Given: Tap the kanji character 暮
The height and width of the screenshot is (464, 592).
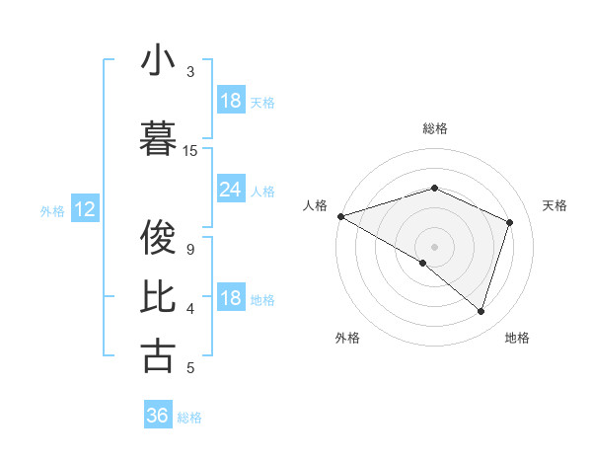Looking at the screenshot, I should pos(158,140).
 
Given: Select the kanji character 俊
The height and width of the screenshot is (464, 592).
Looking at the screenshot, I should pos(158,237).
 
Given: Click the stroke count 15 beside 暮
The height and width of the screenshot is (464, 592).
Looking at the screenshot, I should pos(190,151).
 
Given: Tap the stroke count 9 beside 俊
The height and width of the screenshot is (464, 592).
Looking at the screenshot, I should pos(190,249).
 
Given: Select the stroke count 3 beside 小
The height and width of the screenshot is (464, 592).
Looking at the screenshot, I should pos(190,72).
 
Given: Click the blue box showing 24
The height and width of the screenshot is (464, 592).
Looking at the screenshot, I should pos(231,190).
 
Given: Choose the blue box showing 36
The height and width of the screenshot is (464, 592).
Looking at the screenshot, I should pos(158,416).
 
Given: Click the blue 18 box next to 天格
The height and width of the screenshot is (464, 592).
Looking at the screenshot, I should pos(231,101).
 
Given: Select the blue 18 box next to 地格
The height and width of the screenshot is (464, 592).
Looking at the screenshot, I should pos(231,298).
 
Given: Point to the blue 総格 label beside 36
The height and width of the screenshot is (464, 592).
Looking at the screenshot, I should pos(189,418).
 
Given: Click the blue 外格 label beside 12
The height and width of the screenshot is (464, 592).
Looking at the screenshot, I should pos(52,210).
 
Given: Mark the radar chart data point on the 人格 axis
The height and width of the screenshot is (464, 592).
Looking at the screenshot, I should pos(340,215).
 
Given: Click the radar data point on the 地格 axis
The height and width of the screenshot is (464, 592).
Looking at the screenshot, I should pos(481,311).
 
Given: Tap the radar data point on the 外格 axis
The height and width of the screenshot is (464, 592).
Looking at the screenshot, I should pos(423,263).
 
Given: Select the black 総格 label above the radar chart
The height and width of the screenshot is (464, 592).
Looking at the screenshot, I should pos(435,128).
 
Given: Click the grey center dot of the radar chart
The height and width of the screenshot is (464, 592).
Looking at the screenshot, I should pos(434,246).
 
